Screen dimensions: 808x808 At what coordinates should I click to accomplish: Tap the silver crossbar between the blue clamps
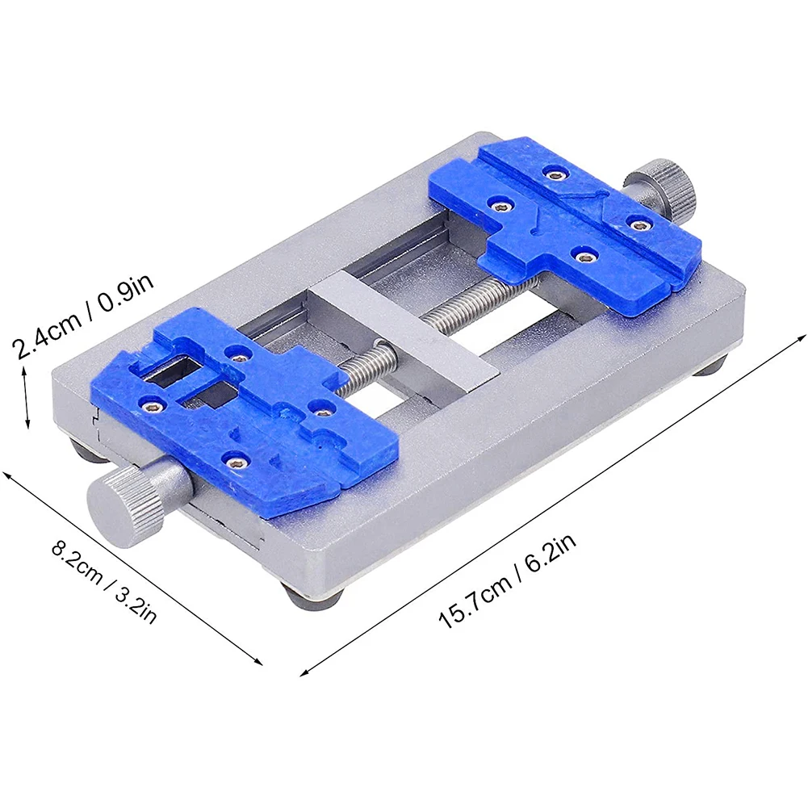click(403, 328)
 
